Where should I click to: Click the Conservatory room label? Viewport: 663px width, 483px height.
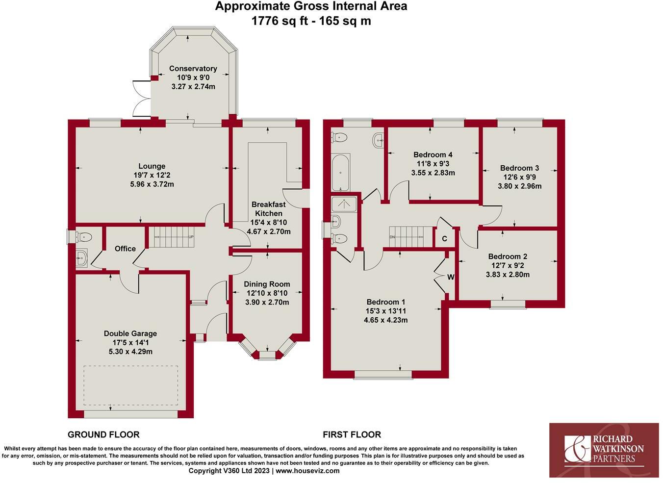(x=193, y=68)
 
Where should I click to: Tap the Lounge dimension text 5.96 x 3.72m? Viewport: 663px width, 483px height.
(x=152, y=184)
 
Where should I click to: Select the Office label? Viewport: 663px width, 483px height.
(x=125, y=249)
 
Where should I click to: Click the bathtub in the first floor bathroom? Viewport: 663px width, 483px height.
(x=341, y=172)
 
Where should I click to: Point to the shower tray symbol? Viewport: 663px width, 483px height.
(x=345, y=204)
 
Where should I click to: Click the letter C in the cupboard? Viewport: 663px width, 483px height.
(x=444, y=239)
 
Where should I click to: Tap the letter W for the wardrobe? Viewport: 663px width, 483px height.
(x=451, y=277)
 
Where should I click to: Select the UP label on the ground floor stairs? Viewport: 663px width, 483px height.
(x=191, y=237)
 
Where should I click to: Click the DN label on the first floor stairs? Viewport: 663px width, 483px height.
(x=392, y=237)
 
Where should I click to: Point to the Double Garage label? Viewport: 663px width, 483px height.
(x=130, y=333)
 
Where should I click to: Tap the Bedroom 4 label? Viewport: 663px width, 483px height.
(x=433, y=154)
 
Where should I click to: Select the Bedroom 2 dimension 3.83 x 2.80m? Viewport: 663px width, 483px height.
(x=508, y=274)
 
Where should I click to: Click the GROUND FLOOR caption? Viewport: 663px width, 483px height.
(x=103, y=434)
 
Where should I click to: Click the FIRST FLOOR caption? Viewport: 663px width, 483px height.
(x=352, y=434)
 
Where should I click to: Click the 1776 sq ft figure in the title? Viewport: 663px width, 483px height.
(x=274, y=21)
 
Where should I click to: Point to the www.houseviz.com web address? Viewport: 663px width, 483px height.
(x=307, y=471)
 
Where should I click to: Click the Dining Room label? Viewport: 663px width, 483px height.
(x=267, y=284)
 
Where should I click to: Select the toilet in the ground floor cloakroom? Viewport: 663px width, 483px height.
(x=84, y=237)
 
